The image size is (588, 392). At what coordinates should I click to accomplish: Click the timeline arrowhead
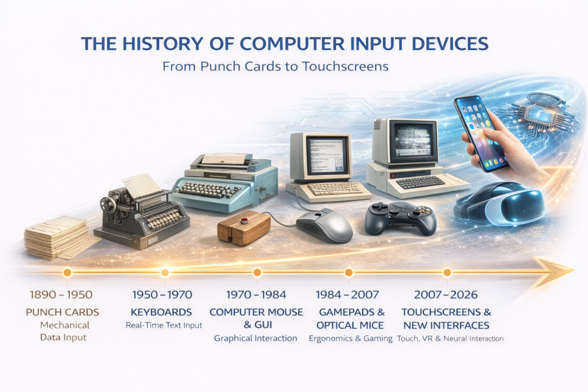554,270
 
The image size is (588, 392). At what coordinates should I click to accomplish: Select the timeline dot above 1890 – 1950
67,272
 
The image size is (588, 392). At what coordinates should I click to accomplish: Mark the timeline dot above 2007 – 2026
447,272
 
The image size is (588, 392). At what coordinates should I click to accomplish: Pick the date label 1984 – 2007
347,295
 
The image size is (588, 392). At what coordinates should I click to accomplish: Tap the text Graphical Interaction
256,338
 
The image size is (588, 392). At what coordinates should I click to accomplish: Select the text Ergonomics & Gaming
350,338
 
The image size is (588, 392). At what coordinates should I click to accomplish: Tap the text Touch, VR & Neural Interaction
451,339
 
